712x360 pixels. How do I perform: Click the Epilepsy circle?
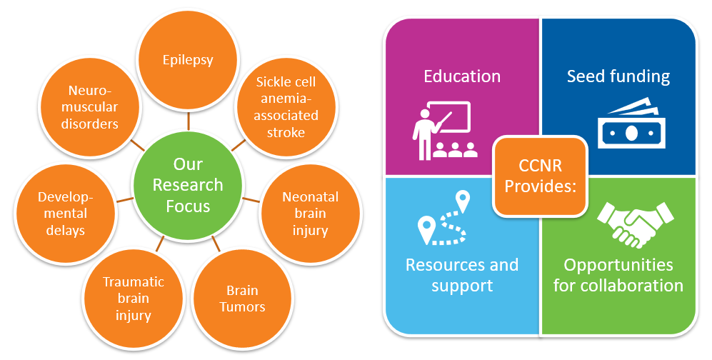(189, 60)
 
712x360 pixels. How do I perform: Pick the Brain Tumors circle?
(242, 299)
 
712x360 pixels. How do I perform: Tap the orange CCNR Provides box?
(541, 176)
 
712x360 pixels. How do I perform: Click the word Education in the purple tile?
(462, 76)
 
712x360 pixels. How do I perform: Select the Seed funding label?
(618, 76)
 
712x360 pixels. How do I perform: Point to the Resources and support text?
(462, 275)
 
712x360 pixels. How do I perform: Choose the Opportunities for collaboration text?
(618, 275)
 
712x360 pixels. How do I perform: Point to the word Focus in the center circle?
(189, 207)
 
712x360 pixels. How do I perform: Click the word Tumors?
(242, 307)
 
